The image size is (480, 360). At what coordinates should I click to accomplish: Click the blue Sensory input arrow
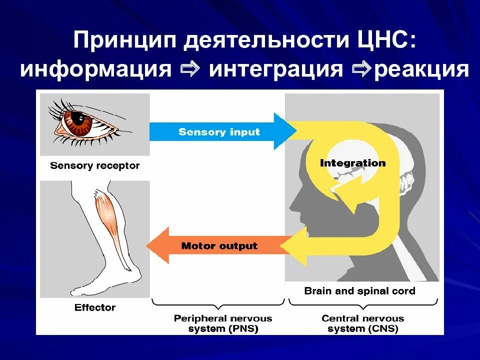(220, 132)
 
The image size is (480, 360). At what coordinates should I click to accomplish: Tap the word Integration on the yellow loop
(352, 163)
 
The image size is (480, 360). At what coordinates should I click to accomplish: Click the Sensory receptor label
(95, 165)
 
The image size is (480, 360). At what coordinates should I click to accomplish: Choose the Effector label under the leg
(95, 307)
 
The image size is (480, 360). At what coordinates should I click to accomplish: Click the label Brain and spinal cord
(359, 290)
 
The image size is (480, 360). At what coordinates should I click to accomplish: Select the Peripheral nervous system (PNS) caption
(223, 323)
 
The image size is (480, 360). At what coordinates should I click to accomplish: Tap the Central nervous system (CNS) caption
(362, 323)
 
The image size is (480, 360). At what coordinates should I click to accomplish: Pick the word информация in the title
(95, 69)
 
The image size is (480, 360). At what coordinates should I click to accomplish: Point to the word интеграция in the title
(276, 69)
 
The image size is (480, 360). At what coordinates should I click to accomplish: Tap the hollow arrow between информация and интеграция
(189, 69)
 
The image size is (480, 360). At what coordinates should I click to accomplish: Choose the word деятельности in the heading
(263, 40)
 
